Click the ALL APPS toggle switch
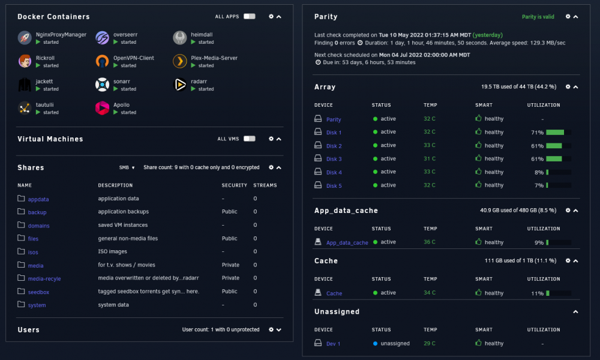(250, 16)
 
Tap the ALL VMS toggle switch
(250, 139)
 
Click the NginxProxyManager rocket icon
(25, 38)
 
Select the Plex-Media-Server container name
(214, 58)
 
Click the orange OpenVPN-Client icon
(102, 61)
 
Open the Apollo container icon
(102, 108)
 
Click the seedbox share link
(38, 292)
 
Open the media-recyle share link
(44, 278)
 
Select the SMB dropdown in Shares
(127, 167)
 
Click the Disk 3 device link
(334, 159)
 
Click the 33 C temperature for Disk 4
(430, 172)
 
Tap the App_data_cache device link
(347, 242)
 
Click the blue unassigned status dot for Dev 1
(376, 344)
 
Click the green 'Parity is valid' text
(538, 17)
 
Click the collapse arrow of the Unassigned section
(575, 312)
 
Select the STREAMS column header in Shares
(265, 185)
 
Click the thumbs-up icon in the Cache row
(478, 292)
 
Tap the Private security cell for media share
(230, 265)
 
